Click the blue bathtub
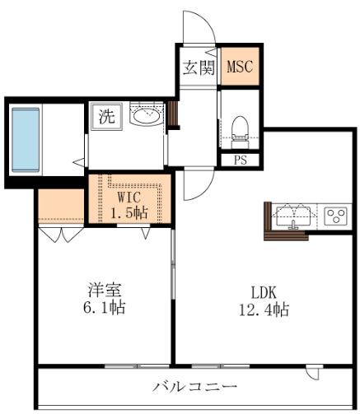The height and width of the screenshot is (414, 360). [26, 140]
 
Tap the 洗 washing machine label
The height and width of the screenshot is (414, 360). [106, 117]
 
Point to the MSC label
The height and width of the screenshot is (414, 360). [240, 67]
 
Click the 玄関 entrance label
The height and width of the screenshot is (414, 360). [199, 67]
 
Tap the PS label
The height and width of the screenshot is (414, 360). [241, 160]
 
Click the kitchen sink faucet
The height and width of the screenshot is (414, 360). [293, 224]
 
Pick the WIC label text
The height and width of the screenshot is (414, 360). [129, 197]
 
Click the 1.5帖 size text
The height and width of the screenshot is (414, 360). [129, 212]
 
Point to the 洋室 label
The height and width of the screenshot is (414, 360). [104, 290]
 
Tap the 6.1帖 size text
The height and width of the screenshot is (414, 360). [104, 307]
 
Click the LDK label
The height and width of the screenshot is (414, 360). [264, 293]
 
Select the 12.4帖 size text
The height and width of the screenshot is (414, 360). [264, 310]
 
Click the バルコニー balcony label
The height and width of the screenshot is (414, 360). [194, 387]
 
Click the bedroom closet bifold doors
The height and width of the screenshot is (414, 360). [61, 234]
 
